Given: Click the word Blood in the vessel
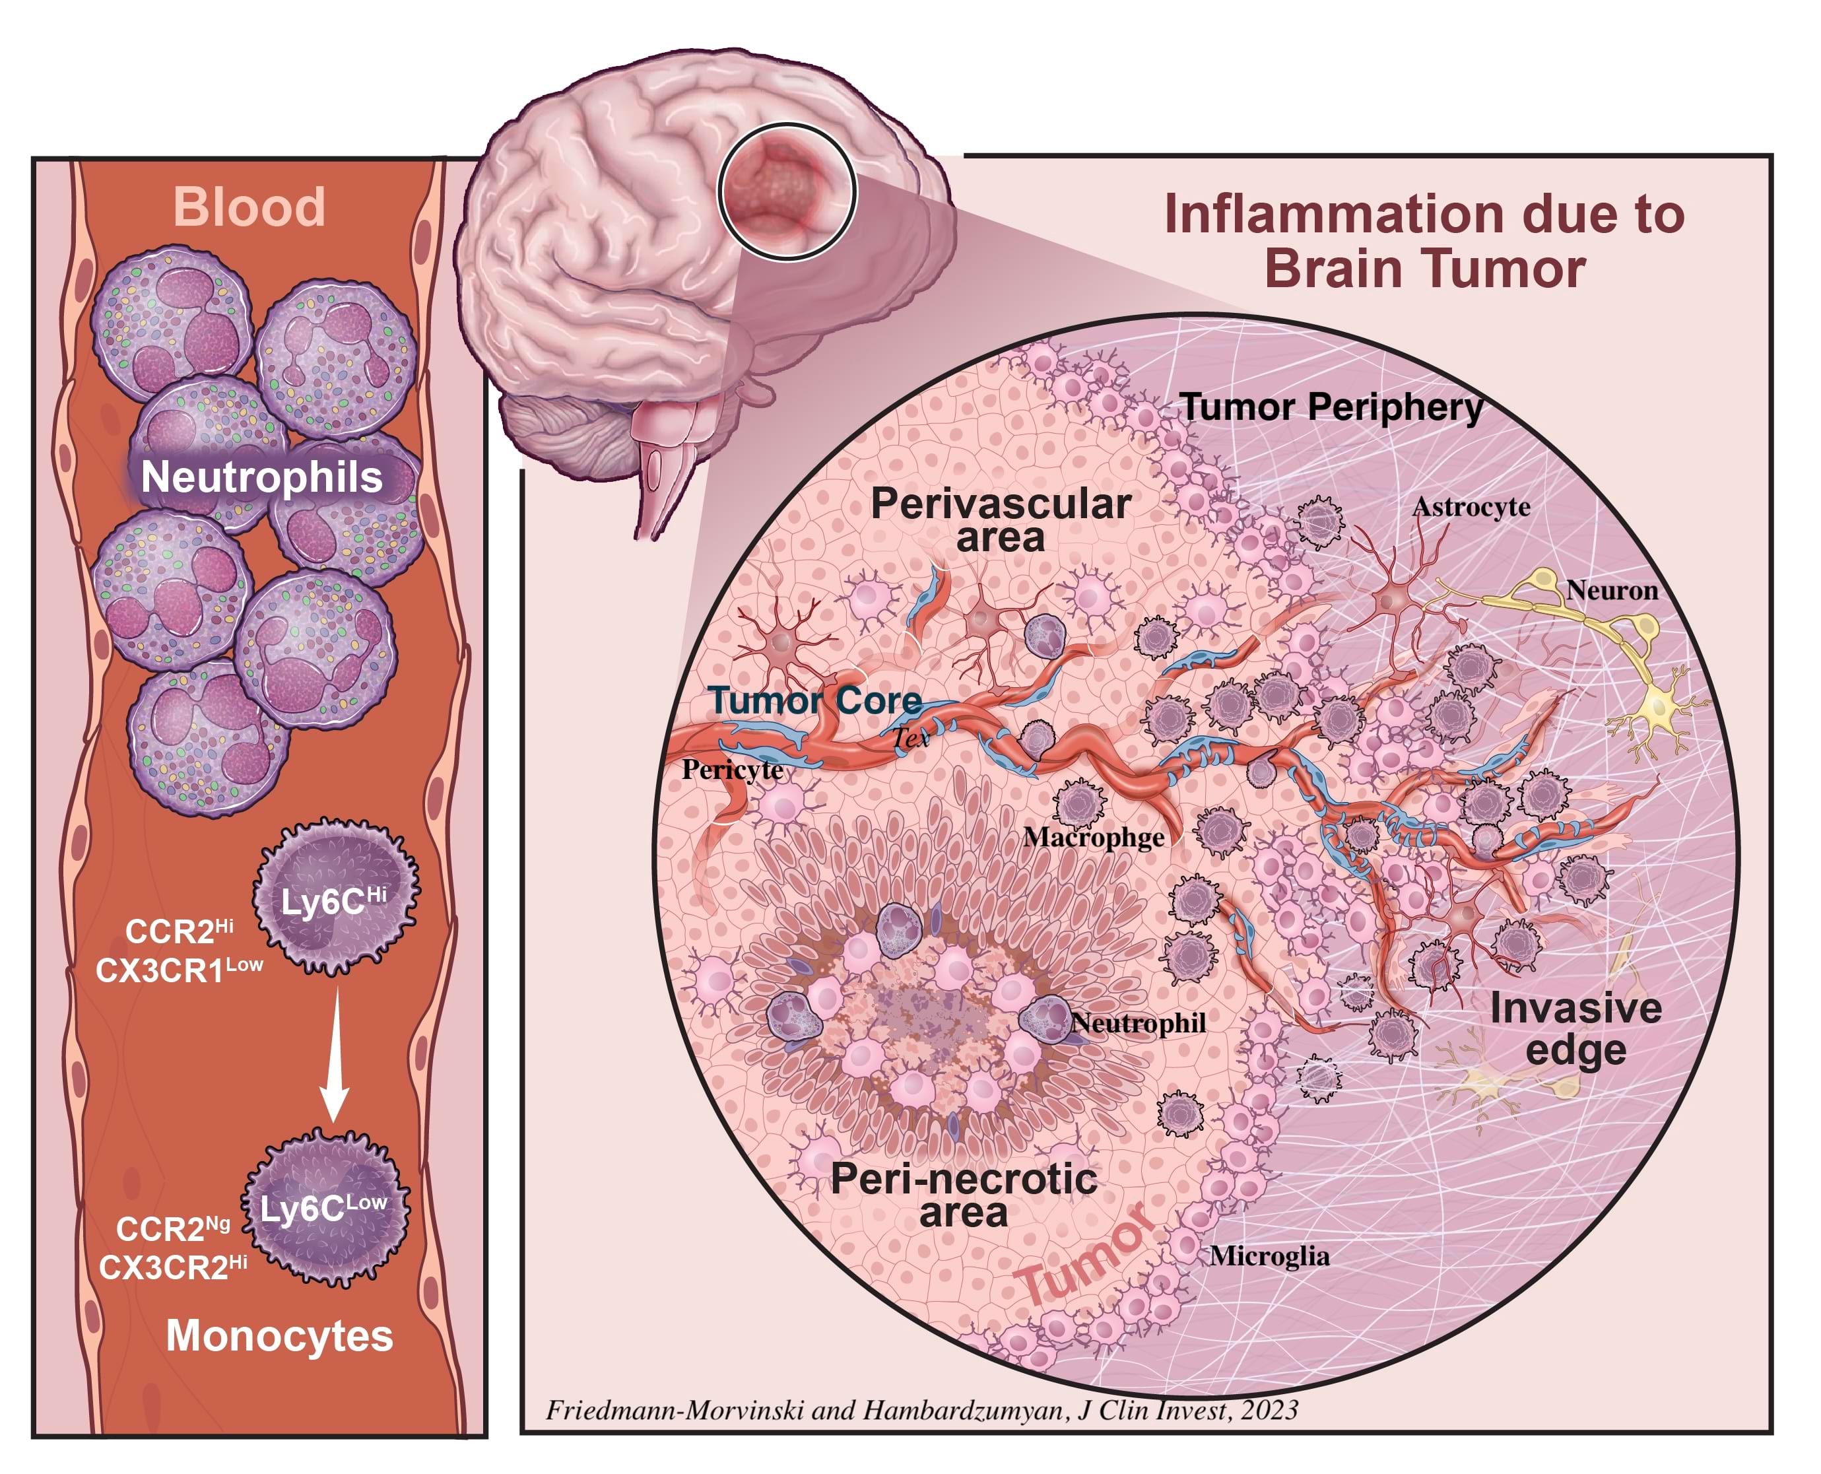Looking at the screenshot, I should click(x=249, y=207).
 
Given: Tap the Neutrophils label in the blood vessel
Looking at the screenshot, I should click(x=261, y=477).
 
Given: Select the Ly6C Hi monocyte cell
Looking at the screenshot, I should click(x=335, y=896).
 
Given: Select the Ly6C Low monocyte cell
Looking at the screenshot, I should click(x=325, y=1207).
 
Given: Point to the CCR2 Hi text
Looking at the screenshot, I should click(x=179, y=931).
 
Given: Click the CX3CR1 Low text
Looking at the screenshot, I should click(x=179, y=970).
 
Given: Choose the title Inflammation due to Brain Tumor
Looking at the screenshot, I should click(x=1424, y=240).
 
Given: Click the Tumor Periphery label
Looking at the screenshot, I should click(x=1331, y=407).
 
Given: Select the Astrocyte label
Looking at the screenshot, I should click(x=1471, y=508).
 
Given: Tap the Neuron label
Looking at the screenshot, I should click(x=1611, y=590).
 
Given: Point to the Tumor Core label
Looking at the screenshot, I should click(x=815, y=700).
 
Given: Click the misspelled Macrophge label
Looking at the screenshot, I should click(x=1094, y=838).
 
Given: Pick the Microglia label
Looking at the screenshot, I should click(x=1269, y=1256).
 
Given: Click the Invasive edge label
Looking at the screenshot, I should click(x=1575, y=1029).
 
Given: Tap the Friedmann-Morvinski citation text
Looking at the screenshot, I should click(x=921, y=1411).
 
